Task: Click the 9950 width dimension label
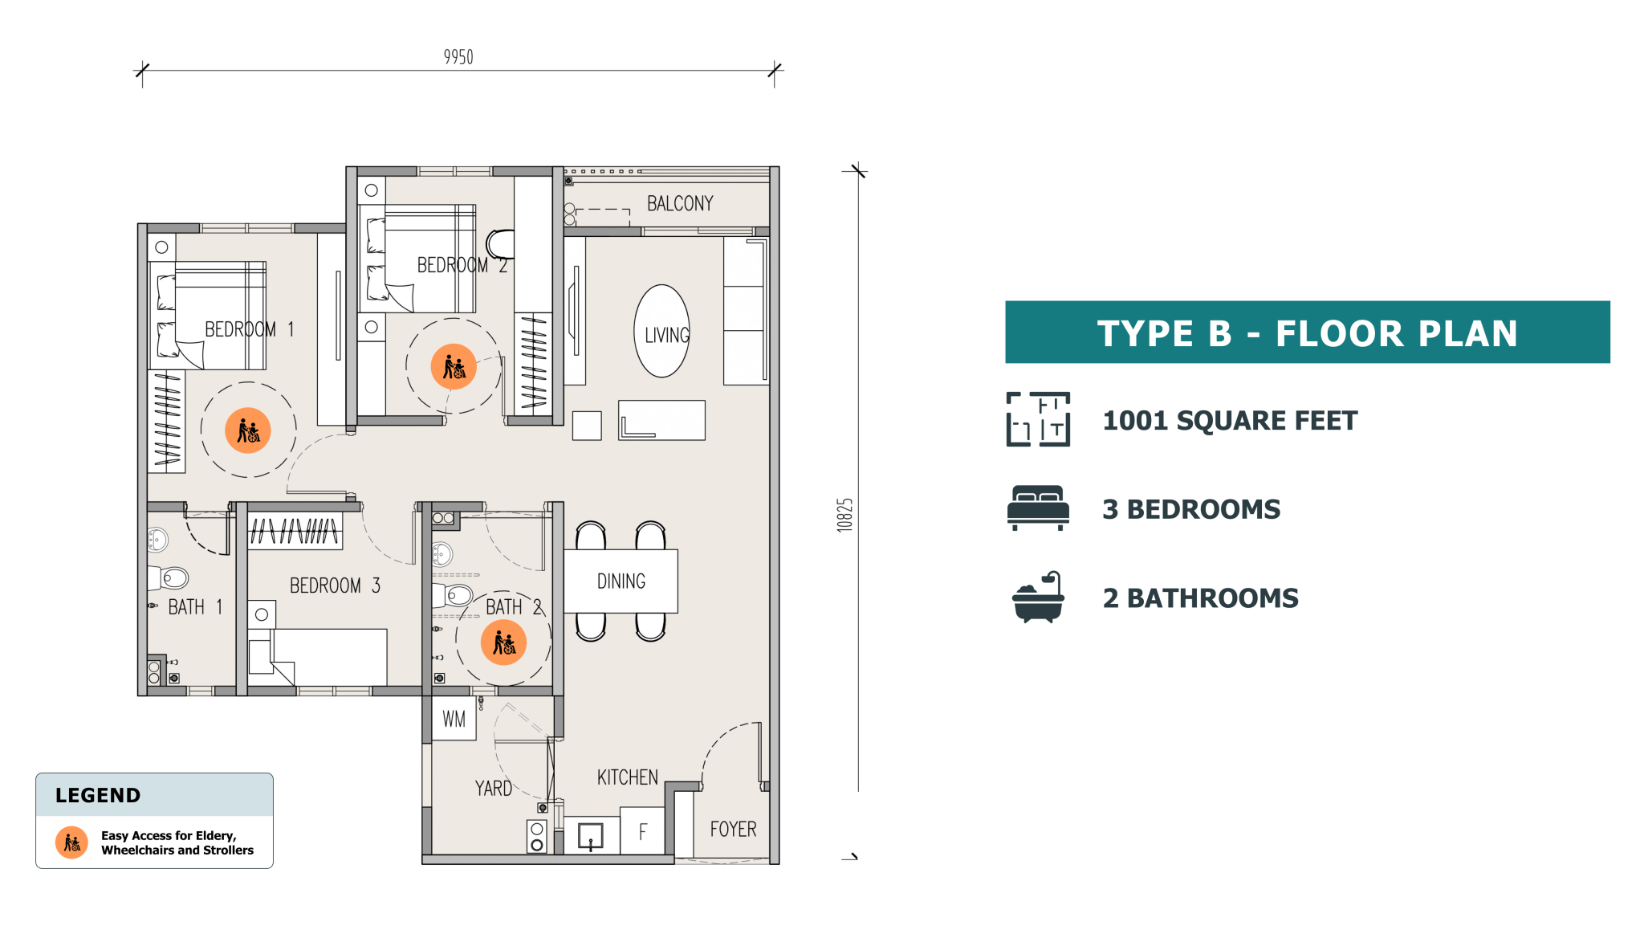pos(458,57)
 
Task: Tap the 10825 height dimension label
pos(844,515)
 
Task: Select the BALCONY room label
pos(680,204)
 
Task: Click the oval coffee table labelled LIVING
pos(662,331)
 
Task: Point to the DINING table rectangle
pos(621,581)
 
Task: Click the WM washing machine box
pos(454,719)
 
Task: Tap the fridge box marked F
pos(642,831)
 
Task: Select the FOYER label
pos(733,829)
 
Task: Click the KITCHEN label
pos(627,777)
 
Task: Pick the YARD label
pos(493,789)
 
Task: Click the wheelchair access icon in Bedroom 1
pos(248,430)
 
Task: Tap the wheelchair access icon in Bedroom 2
pos(454,367)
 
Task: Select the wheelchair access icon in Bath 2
pos(503,642)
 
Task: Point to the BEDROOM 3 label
pos(335,585)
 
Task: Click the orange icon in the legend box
pos(71,842)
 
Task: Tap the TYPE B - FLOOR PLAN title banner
pos(1308,332)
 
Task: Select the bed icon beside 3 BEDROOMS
pos(1038,508)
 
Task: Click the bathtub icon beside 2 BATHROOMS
pos(1038,598)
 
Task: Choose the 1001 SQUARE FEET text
pos(1230,420)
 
